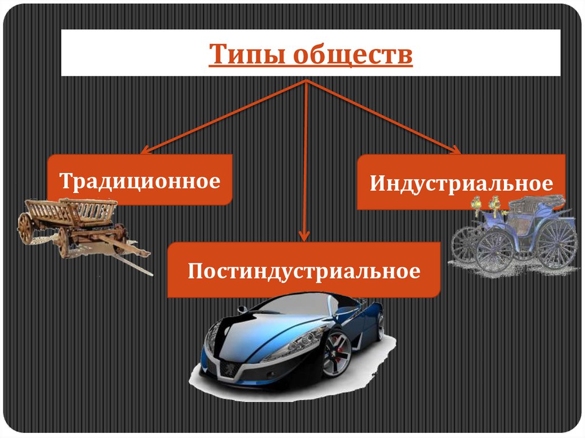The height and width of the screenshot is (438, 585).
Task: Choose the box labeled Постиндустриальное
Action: pyautogui.click(x=303, y=270)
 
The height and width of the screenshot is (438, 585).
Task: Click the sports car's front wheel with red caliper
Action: pyautogui.click(x=336, y=355)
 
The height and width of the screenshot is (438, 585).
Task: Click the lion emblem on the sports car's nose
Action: pyautogui.click(x=229, y=365)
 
